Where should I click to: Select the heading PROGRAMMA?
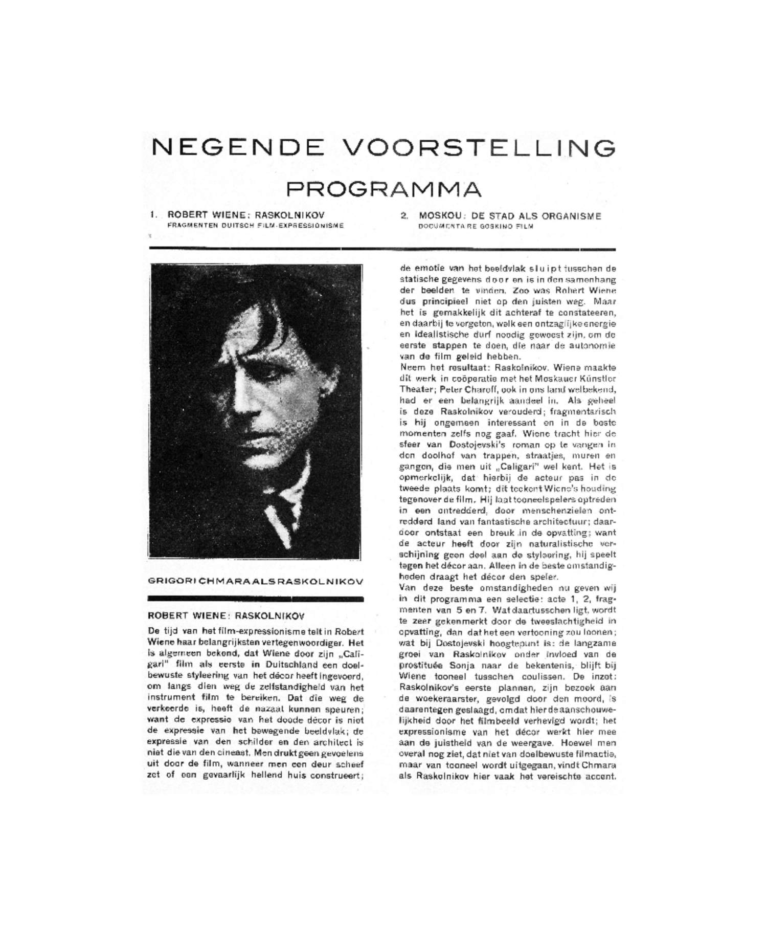click(x=383, y=189)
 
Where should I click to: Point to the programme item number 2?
click(x=404, y=216)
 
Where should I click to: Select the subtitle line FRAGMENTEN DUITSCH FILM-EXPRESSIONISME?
click(x=256, y=225)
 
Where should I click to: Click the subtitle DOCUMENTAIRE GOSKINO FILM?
click(x=476, y=226)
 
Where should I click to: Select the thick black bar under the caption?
click(x=256, y=598)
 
